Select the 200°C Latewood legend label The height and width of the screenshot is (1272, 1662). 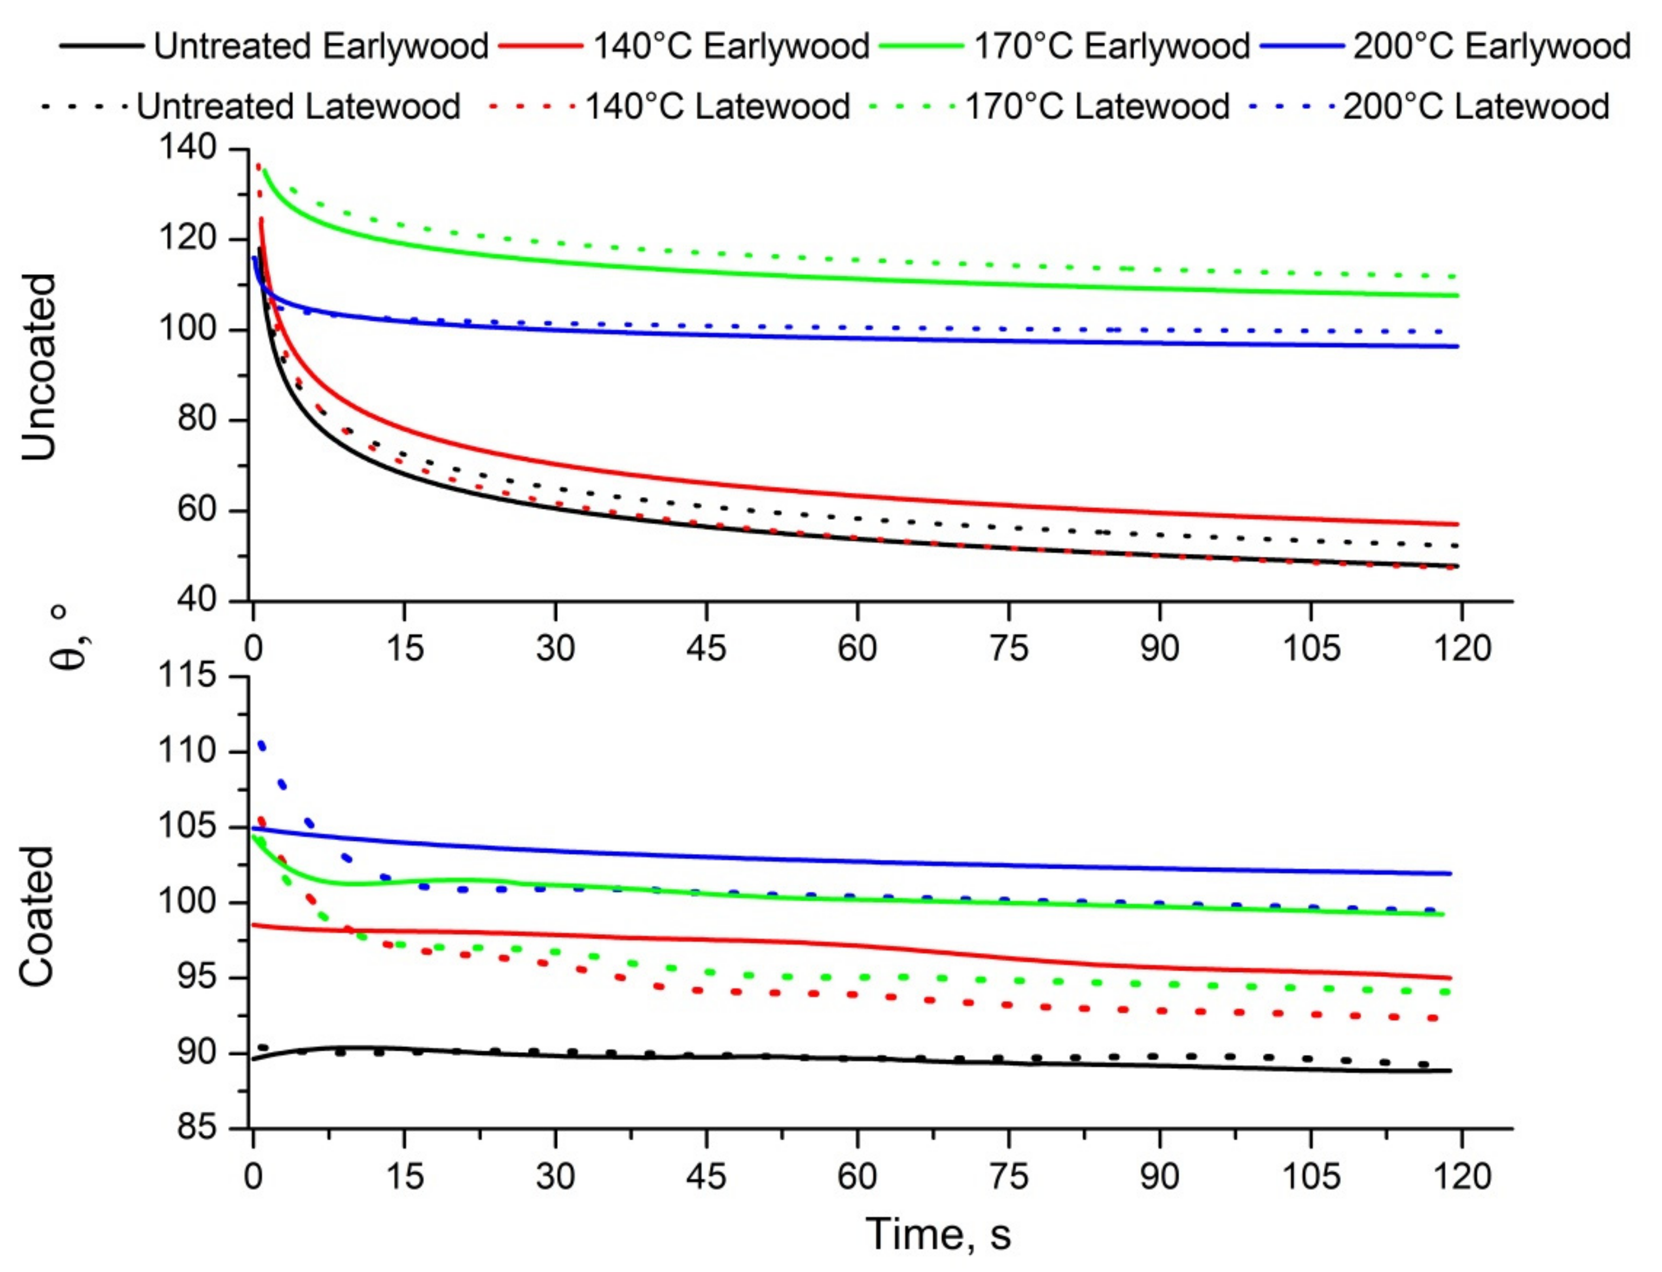click(1476, 106)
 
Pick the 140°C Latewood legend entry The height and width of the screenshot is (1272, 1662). click(717, 106)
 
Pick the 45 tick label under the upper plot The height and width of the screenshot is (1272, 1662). click(706, 648)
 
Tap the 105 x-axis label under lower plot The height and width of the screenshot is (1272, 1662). click(1310, 1177)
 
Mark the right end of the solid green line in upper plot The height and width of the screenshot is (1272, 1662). click(1457, 295)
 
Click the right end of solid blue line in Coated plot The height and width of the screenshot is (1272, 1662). click(1450, 874)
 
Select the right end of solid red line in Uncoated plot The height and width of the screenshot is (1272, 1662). click(1457, 524)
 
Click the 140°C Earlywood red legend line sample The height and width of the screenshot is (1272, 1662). click(541, 46)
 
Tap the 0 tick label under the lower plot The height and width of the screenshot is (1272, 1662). click(253, 1177)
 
